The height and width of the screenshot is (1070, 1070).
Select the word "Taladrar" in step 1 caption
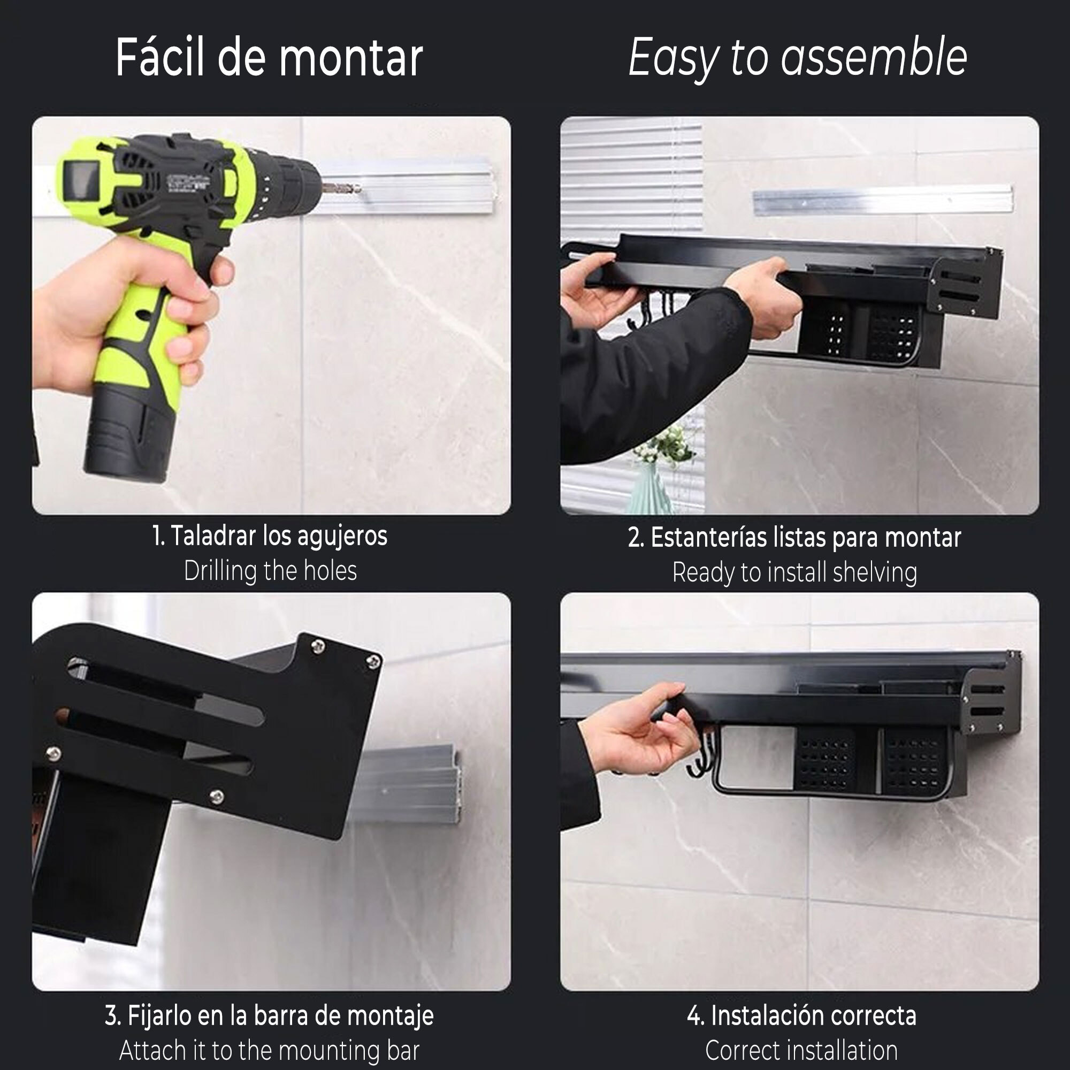(213, 536)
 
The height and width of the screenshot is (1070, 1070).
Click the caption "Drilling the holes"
(270, 571)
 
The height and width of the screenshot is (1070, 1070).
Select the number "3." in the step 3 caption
(113, 1017)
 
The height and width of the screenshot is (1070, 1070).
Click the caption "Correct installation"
(801, 1051)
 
